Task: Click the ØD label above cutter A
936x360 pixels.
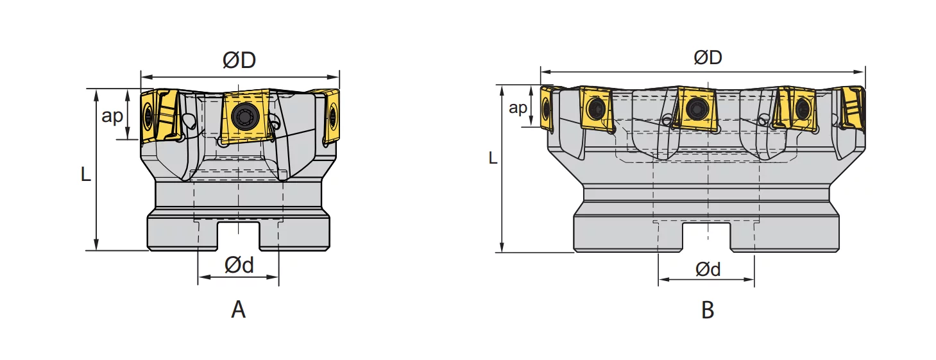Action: tap(239, 60)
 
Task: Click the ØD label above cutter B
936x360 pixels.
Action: tap(708, 58)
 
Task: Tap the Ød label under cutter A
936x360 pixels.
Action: tap(239, 265)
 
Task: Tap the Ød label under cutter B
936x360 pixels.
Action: tap(708, 270)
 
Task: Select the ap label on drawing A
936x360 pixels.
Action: tap(112, 116)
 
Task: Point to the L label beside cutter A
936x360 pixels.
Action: tap(86, 174)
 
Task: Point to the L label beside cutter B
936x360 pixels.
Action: tap(493, 158)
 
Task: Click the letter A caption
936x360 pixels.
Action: tap(238, 310)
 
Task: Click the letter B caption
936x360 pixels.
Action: tap(708, 310)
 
